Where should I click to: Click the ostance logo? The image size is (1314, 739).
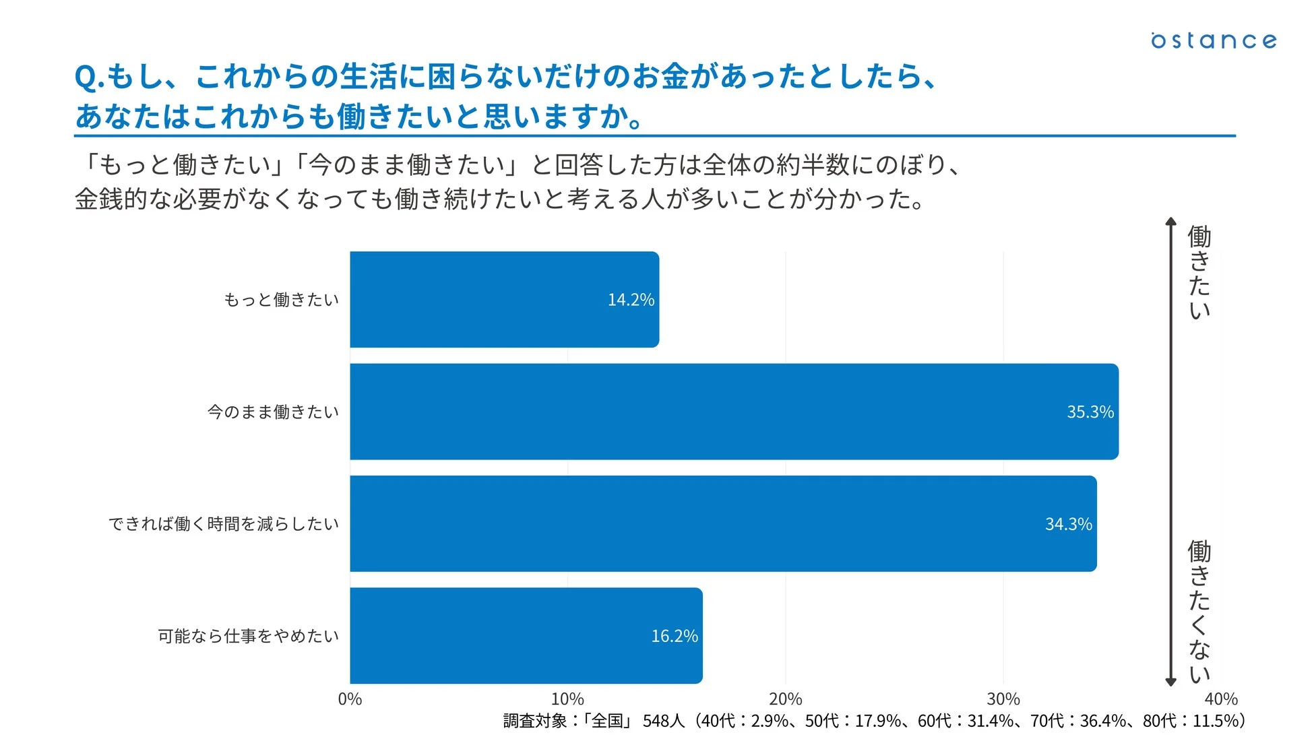click(1213, 40)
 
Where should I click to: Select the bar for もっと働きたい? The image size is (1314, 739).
click(504, 300)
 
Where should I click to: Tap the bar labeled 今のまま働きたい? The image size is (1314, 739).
click(734, 412)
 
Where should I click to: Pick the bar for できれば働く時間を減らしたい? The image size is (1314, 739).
click(723, 523)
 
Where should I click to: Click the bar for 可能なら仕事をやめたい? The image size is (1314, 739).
click(526, 635)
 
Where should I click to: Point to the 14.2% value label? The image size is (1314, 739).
click(631, 300)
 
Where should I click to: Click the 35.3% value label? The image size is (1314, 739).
click(1090, 412)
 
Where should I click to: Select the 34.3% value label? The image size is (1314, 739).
click(1068, 524)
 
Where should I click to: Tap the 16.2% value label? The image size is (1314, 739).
click(674, 636)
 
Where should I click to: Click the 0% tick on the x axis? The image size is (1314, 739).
click(350, 699)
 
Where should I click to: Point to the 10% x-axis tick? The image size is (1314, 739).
click(567, 699)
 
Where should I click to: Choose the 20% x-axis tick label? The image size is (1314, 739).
click(785, 699)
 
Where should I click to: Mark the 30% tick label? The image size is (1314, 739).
click(1003, 699)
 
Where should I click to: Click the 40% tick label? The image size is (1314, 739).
click(1221, 699)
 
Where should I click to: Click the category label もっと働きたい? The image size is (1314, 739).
click(281, 300)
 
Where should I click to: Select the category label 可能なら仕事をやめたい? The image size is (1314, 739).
click(248, 636)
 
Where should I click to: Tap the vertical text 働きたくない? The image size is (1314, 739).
click(1199, 612)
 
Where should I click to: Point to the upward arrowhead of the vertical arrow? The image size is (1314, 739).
click(1170, 222)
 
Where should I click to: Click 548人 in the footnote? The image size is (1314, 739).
click(663, 721)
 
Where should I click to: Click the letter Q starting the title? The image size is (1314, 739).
click(86, 77)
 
